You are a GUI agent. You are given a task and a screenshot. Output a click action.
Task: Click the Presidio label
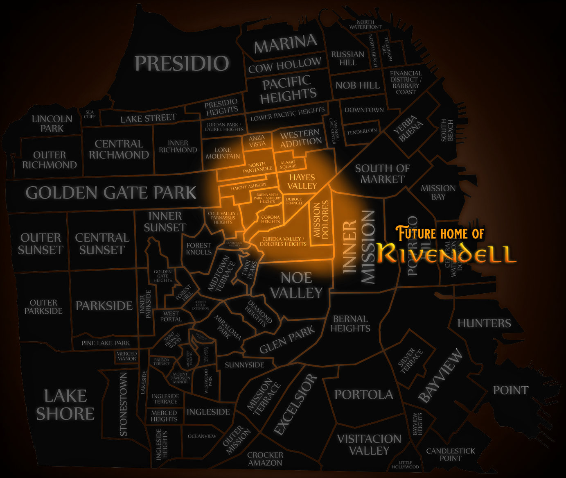click(182, 63)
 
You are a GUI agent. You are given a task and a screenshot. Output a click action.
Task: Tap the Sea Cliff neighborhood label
click(90, 114)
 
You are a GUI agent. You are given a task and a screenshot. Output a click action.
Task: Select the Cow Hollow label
click(285, 65)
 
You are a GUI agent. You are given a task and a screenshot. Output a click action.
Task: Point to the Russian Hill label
click(347, 59)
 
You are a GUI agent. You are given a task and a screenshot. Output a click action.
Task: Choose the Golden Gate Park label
click(111, 193)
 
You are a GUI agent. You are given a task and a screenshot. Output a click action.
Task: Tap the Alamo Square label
click(288, 164)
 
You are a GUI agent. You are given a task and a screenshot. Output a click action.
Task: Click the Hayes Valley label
click(302, 181)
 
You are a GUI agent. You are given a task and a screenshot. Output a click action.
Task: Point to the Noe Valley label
click(296, 285)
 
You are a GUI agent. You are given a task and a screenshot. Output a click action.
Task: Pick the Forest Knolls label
click(199, 249)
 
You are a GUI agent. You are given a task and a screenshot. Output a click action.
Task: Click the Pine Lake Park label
click(106, 343)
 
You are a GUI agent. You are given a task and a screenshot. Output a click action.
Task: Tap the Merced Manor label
click(126, 356)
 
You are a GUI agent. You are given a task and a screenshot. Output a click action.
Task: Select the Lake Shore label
click(65, 405)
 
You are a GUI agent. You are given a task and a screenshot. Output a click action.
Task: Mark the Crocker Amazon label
click(265, 459)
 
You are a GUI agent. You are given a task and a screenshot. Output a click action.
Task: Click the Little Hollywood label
click(406, 464)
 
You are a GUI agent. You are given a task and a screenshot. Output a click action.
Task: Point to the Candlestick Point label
click(451, 454)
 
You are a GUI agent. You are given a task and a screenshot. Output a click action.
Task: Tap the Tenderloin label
click(362, 131)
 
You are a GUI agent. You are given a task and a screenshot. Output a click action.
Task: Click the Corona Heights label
click(271, 219)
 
